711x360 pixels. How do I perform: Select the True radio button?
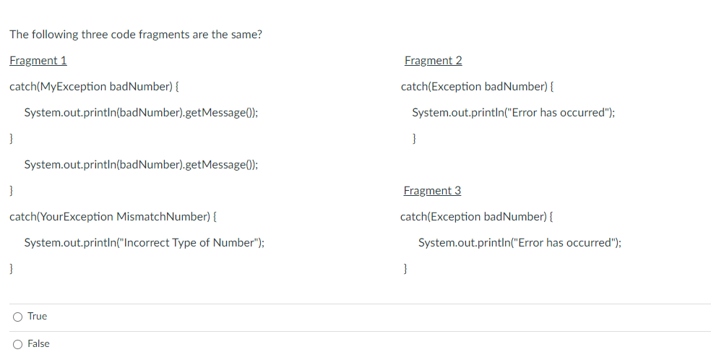(17, 317)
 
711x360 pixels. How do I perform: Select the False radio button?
(17, 344)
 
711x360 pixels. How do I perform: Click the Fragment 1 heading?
(38, 61)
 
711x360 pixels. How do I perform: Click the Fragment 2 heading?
(434, 61)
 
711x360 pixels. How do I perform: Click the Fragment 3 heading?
(432, 191)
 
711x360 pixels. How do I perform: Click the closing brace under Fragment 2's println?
(413, 139)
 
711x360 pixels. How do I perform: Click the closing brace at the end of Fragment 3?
(405, 269)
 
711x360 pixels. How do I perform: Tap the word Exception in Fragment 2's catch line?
(456, 87)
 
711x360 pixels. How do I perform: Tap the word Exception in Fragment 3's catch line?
(456, 217)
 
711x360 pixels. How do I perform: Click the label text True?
(37, 317)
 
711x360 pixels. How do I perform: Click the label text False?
(38, 344)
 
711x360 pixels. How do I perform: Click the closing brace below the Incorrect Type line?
(12, 269)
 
